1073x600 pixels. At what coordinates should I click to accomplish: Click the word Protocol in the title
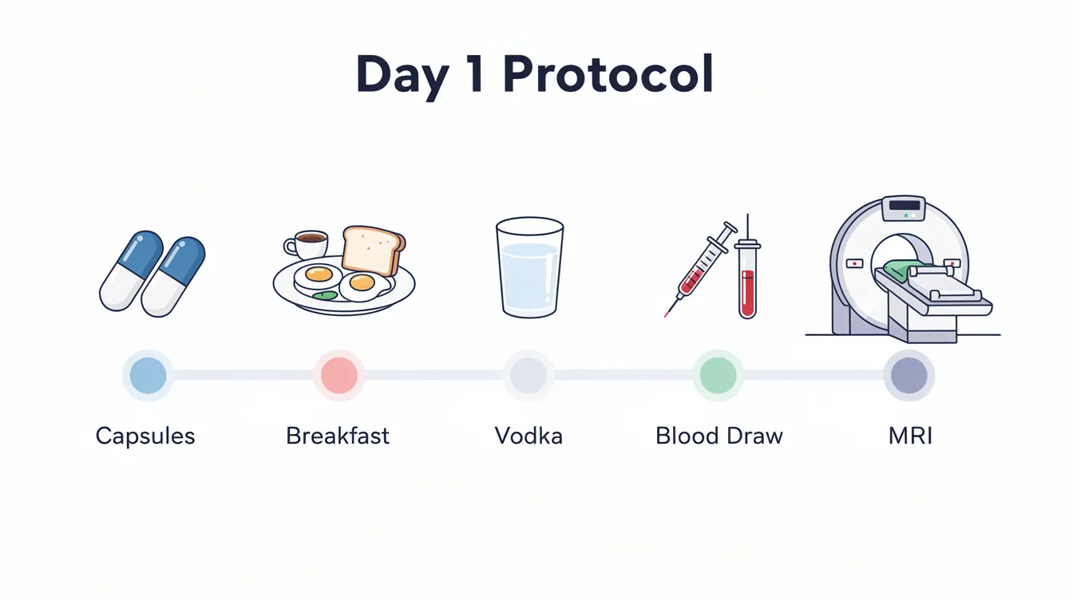click(x=608, y=75)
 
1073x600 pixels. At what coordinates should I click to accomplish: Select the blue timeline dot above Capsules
click(x=148, y=375)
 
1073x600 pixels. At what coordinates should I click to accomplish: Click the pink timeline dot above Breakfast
click(x=339, y=375)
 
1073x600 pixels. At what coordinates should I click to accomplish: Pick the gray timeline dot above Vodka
click(x=529, y=375)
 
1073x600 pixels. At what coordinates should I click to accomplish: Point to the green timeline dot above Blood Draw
click(x=719, y=375)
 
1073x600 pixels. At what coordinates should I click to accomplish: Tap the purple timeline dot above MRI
click(x=909, y=375)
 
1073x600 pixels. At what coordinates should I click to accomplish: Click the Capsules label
click(x=145, y=436)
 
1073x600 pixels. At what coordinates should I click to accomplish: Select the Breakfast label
click(x=338, y=436)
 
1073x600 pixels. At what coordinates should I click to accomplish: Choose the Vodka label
click(x=529, y=436)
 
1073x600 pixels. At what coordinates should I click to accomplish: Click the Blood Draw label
click(x=719, y=436)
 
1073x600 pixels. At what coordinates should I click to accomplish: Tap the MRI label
click(x=910, y=436)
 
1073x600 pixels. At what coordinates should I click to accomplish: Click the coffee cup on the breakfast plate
click(x=308, y=243)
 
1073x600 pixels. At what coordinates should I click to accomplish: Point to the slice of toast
click(x=373, y=249)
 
